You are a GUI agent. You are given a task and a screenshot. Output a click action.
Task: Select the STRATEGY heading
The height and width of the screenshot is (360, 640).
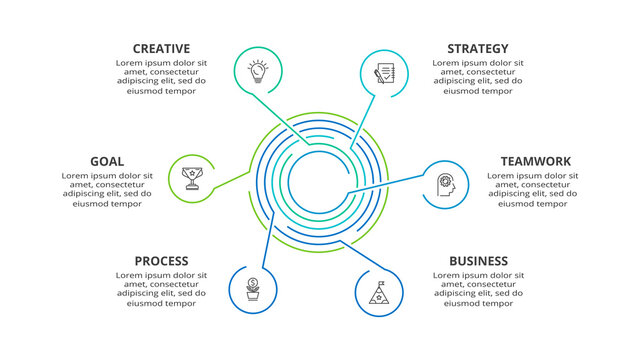click(477, 48)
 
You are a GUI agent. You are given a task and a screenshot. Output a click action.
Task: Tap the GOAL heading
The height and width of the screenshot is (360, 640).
click(107, 161)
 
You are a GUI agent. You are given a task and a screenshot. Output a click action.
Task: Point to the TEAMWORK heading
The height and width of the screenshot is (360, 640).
click(535, 161)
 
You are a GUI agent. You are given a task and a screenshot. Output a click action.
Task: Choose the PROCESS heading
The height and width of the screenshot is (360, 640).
click(161, 261)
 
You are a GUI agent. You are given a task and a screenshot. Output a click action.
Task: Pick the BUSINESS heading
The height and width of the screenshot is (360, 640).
click(478, 261)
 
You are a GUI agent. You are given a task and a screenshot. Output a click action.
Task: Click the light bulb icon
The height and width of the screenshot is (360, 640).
click(258, 71)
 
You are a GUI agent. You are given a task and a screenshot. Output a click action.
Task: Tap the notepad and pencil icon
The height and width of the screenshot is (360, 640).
click(383, 74)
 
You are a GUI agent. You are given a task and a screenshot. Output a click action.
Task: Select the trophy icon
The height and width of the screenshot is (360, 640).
click(191, 178)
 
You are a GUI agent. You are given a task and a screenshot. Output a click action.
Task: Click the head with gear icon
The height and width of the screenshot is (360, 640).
click(446, 184)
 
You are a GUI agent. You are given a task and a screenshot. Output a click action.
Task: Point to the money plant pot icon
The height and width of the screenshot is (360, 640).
click(253, 288)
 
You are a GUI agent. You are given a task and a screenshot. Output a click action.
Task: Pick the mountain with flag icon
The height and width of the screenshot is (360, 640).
click(378, 292)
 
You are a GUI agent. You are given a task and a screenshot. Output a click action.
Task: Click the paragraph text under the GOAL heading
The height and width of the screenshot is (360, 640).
click(107, 190)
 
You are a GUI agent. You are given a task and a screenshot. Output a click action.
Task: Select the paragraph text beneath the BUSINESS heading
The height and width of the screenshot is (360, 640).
click(478, 290)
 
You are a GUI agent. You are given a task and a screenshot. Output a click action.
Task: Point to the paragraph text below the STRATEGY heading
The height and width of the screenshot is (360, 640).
click(477, 76)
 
